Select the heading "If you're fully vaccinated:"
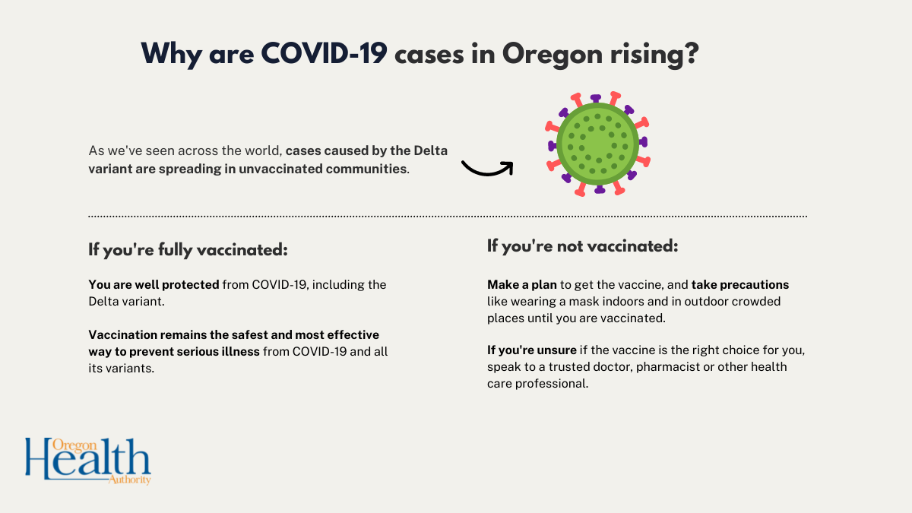188,249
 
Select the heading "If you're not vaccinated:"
582,246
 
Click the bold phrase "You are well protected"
154,285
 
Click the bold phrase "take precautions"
740,285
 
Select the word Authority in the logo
131,479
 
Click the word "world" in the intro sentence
256,151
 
